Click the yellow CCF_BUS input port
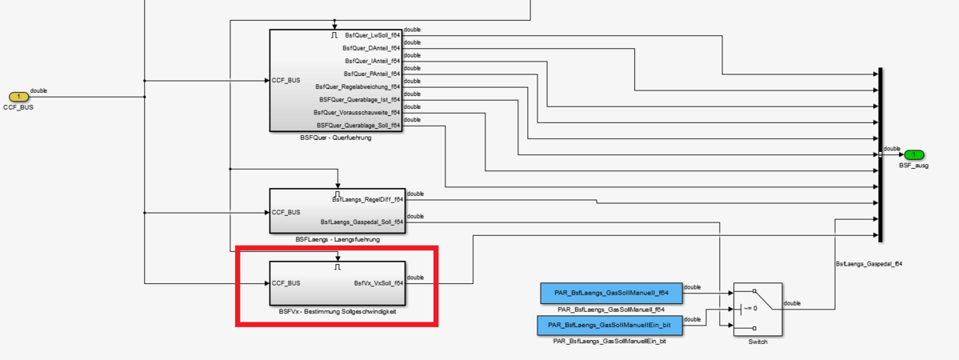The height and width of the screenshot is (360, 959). point(18,97)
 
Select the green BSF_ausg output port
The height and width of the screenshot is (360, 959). point(913,154)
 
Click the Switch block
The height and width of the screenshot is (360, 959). point(757,309)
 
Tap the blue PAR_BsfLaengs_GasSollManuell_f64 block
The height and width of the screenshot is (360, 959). point(611,294)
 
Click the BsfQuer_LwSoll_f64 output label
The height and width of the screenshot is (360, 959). point(372,36)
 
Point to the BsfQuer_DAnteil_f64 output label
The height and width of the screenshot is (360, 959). point(373,48)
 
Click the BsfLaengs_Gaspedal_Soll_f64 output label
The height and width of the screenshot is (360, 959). point(362,222)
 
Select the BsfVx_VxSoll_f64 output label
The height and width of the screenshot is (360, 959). point(378,282)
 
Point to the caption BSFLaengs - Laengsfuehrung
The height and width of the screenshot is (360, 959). point(337,239)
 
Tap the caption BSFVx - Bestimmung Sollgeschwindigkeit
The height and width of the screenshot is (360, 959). point(338,311)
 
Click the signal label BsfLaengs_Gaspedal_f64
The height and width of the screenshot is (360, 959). point(869,263)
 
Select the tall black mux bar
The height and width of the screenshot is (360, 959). point(880,154)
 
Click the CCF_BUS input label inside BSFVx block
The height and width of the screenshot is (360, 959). point(286,282)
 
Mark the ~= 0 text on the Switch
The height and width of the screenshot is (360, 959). point(750,308)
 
